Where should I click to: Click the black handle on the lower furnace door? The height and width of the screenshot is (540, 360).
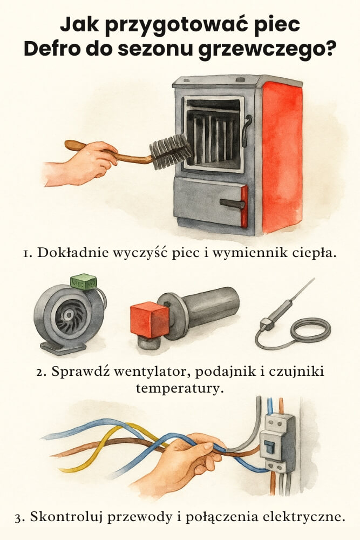[x=232, y=204]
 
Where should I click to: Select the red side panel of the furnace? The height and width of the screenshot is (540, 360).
[x=282, y=157]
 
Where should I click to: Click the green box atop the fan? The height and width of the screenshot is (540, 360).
[x=84, y=281]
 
